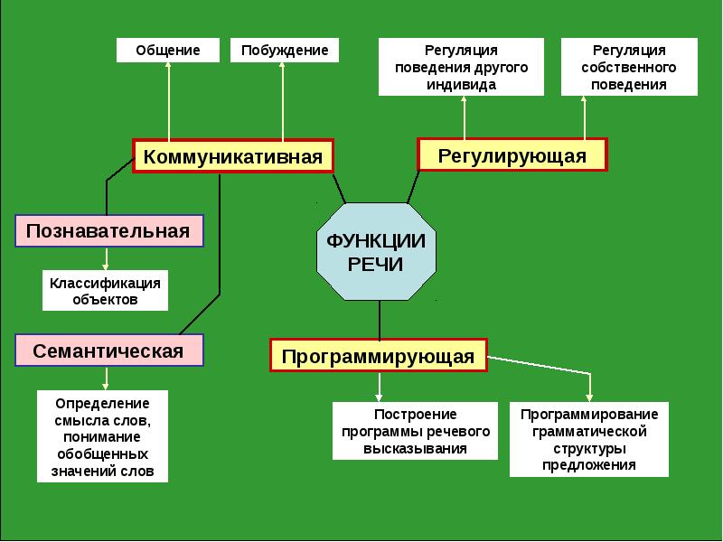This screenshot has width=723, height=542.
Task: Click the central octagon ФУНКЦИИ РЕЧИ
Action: click(376, 252)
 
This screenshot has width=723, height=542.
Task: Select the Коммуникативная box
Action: click(233, 156)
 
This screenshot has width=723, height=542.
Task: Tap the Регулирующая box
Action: click(512, 155)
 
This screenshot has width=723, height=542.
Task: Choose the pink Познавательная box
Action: click(108, 230)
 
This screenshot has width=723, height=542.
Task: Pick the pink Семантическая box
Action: click(108, 350)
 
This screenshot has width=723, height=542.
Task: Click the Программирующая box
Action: click(378, 355)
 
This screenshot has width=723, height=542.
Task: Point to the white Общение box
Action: click(168, 50)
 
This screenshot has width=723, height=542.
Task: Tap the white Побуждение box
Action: click(284, 50)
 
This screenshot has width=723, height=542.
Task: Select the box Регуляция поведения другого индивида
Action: click(461, 67)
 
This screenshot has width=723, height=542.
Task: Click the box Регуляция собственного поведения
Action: click(629, 67)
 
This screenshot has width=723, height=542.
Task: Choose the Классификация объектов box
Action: click(105, 291)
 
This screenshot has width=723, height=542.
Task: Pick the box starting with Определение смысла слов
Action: click(103, 436)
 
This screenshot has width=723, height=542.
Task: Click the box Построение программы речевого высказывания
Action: click(416, 431)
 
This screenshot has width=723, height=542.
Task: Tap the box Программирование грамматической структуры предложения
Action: click(589, 439)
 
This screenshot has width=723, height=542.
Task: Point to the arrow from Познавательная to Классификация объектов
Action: click(107, 259)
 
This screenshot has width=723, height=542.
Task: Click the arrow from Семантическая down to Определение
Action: click(107, 378)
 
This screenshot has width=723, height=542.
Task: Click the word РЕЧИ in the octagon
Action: click(376, 264)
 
